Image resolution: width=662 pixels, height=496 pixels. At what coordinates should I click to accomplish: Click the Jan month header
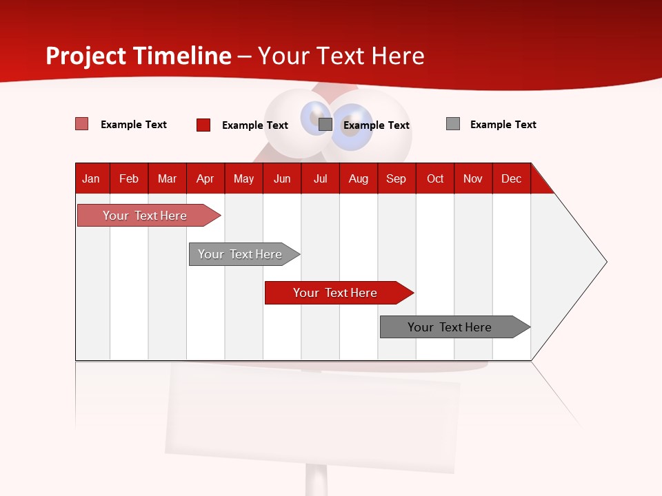click(92, 178)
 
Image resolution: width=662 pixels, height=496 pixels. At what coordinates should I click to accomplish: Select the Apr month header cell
click(205, 178)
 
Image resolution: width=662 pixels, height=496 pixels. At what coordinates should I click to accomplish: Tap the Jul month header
click(320, 178)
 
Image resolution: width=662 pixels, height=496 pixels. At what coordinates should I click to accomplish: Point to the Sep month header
click(396, 178)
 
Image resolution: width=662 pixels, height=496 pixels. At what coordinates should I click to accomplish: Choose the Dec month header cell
click(511, 178)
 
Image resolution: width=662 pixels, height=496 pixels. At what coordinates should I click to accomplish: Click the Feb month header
click(129, 178)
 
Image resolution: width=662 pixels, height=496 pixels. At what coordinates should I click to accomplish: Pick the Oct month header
click(435, 178)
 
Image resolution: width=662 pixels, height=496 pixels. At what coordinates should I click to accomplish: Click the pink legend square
click(81, 124)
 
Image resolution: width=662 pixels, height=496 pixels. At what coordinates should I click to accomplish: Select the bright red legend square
click(203, 125)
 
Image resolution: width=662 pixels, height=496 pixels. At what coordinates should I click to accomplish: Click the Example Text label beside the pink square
click(134, 125)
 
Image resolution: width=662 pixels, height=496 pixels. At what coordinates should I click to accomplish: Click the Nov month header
click(473, 178)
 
